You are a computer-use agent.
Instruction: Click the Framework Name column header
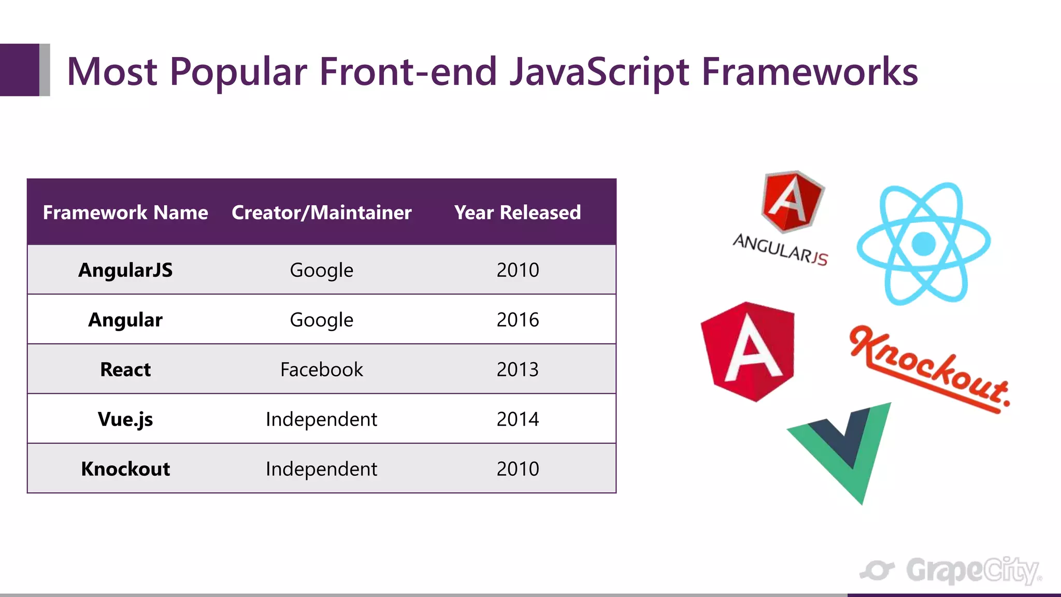point(125,212)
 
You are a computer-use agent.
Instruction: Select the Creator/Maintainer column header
point(321,212)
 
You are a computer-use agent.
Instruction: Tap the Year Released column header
point(517,212)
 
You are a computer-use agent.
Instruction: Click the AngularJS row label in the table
point(125,270)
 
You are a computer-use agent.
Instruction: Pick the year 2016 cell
point(517,320)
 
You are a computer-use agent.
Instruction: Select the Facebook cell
point(321,369)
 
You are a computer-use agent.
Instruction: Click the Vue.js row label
point(125,419)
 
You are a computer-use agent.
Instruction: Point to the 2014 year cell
point(517,419)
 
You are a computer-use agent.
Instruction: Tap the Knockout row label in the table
point(125,468)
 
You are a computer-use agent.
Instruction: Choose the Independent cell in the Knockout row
point(321,468)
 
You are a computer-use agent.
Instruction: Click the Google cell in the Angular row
point(321,320)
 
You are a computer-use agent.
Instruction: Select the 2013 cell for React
point(517,369)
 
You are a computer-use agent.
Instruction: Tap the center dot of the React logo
point(923,244)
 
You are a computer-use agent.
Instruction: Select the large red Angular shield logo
point(748,351)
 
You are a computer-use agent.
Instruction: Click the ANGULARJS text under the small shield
point(780,250)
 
